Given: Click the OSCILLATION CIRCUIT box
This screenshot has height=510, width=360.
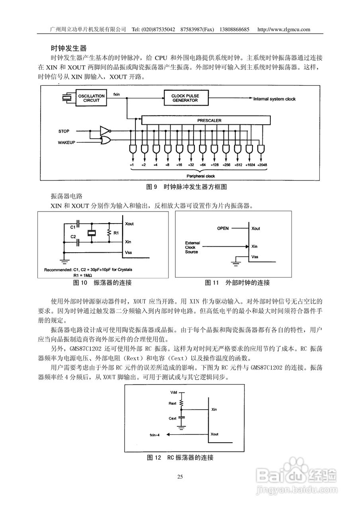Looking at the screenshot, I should [x=91, y=98].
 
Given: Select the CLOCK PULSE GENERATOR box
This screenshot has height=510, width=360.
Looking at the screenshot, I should [x=185, y=98].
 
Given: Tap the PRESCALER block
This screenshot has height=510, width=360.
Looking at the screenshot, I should [x=209, y=120].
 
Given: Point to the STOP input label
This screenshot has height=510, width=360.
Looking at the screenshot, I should [x=64, y=131].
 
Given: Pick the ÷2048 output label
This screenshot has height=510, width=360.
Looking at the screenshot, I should [x=262, y=165].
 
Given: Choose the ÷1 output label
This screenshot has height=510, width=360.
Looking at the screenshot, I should [x=132, y=165].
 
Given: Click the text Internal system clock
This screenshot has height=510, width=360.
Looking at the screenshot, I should [x=274, y=99].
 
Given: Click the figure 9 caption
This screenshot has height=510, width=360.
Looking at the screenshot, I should [x=187, y=186].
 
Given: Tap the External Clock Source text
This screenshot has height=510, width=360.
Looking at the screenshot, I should [x=193, y=247].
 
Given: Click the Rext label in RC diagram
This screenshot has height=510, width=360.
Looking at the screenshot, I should [x=172, y=403].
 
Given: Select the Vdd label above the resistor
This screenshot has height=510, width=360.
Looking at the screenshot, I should [x=173, y=392].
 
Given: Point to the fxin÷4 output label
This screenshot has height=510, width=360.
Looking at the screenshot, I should [x=155, y=435].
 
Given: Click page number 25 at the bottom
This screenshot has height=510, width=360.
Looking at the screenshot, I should [x=180, y=477].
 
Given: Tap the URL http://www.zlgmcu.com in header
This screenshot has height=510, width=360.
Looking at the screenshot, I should [x=284, y=29].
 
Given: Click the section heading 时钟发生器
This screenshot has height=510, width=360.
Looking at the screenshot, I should [x=68, y=48].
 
